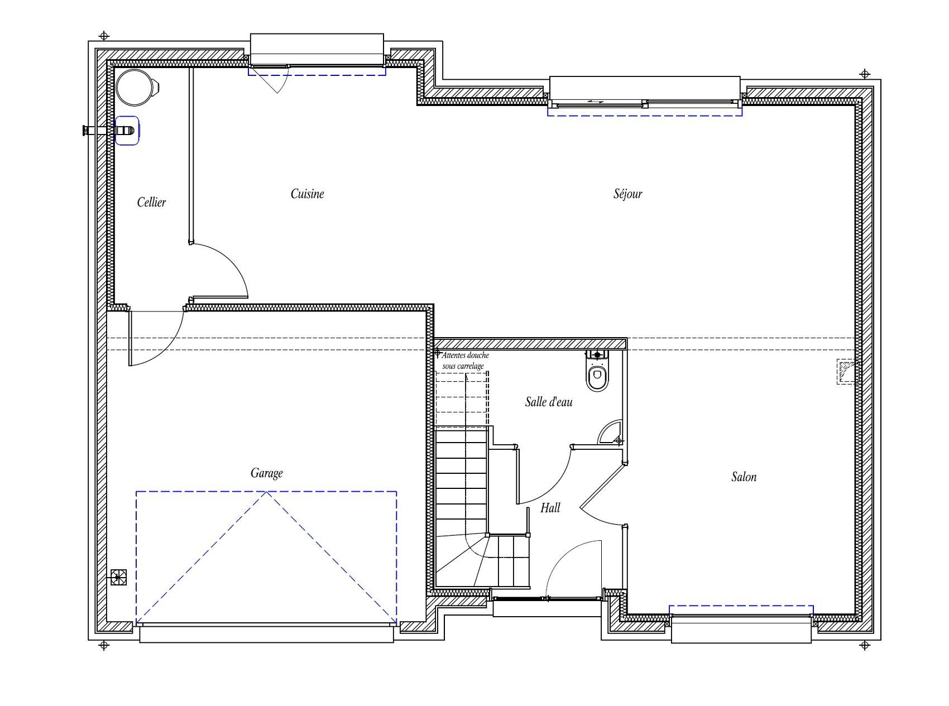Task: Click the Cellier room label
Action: (x=151, y=202)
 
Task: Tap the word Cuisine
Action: (x=307, y=194)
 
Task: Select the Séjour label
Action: (x=628, y=194)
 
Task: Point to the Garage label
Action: (x=266, y=473)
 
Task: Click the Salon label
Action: (x=744, y=477)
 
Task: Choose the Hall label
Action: (x=550, y=508)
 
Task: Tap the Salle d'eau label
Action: (x=549, y=401)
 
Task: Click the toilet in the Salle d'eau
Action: (x=598, y=371)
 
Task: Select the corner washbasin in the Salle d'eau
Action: (x=610, y=432)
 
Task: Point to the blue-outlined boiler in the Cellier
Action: (x=127, y=131)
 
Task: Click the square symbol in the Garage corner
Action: (x=118, y=577)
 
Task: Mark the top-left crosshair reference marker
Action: (x=103, y=36)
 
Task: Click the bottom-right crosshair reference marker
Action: (x=865, y=646)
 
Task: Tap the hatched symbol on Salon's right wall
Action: (x=846, y=371)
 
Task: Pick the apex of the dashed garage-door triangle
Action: (x=267, y=492)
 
